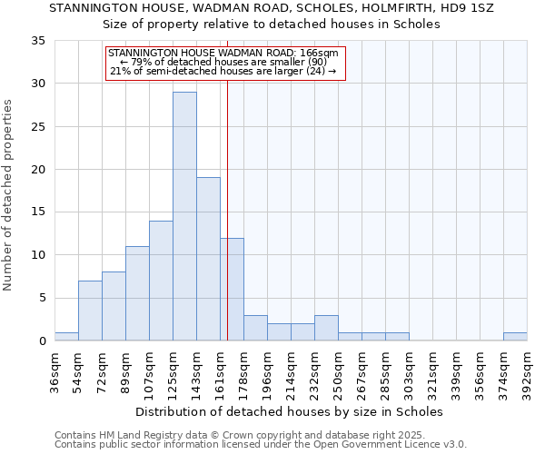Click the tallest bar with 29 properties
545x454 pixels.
click(x=184, y=216)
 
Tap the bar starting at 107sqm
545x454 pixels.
click(x=161, y=281)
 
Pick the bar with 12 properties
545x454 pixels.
click(x=232, y=289)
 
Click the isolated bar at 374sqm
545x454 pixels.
click(x=515, y=337)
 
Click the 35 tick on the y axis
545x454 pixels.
click(x=38, y=41)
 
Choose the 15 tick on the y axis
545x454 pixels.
click(x=38, y=212)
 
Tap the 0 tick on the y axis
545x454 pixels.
click(x=42, y=341)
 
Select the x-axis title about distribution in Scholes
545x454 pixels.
click(x=291, y=411)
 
